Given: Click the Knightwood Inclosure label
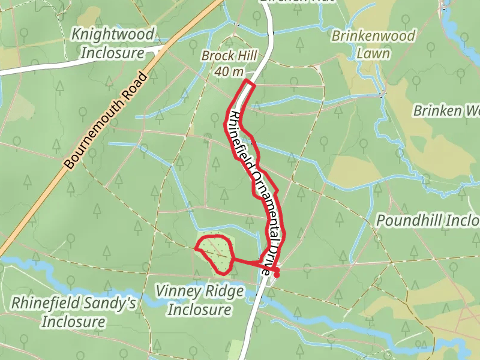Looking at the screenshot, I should click(x=113, y=43).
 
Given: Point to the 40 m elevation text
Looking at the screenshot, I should click(x=229, y=72).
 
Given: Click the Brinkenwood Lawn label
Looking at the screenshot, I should click(x=373, y=44).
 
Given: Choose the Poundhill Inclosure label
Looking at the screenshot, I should click(x=427, y=221).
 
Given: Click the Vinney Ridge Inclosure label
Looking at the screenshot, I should click(x=199, y=301).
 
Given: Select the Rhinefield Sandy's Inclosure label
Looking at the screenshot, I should click(x=73, y=312).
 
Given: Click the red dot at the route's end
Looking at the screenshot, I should click(x=277, y=274).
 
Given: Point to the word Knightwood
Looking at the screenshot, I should click(x=113, y=35).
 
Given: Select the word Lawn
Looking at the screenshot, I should click(x=373, y=53).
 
